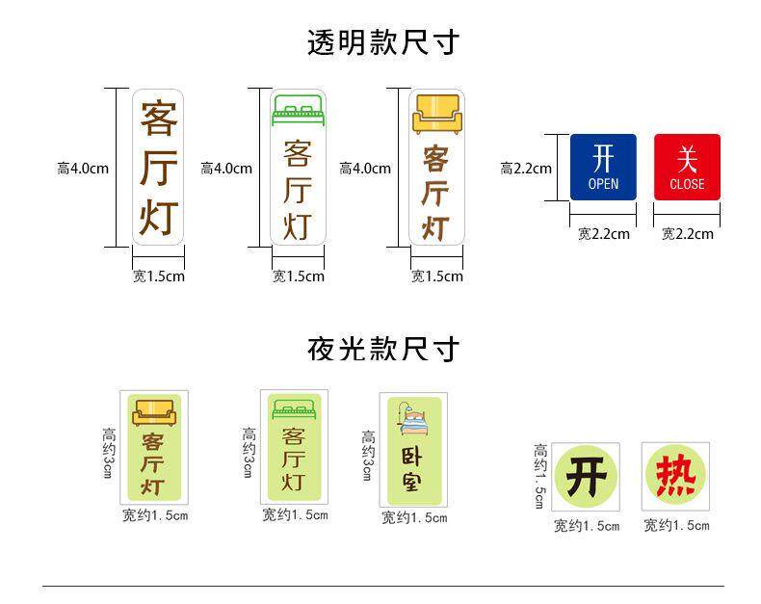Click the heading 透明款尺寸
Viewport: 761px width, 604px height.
pyautogui.click(x=381, y=42)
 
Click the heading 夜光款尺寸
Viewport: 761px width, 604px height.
pyautogui.click(x=381, y=348)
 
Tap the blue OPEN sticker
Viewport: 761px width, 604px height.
pyautogui.click(x=603, y=167)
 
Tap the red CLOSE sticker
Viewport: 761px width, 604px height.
pyautogui.click(x=687, y=167)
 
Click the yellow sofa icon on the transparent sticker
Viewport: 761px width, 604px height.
pyautogui.click(x=436, y=113)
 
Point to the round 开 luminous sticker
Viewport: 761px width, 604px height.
pyautogui.click(x=586, y=478)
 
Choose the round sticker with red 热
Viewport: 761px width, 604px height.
pyautogui.click(x=675, y=478)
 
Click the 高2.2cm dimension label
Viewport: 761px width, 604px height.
pyautogui.click(x=526, y=169)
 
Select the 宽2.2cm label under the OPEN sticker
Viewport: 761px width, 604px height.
pyautogui.click(x=603, y=234)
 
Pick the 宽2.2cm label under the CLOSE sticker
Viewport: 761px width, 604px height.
pyautogui.click(x=687, y=234)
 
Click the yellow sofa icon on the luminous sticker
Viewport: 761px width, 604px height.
pyautogui.click(x=154, y=411)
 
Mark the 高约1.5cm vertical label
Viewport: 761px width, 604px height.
pyautogui.click(x=540, y=476)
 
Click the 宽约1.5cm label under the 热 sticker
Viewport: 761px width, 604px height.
pyautogui.click(x=676, y=526)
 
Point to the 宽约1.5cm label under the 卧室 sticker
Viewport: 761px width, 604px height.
pyautogui.click(x=414, y=518)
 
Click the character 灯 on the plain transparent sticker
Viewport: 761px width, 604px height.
pyautogui.click(x=159, y=217)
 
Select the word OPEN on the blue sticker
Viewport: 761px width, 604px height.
pyautogui.click(x=603, y=184)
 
